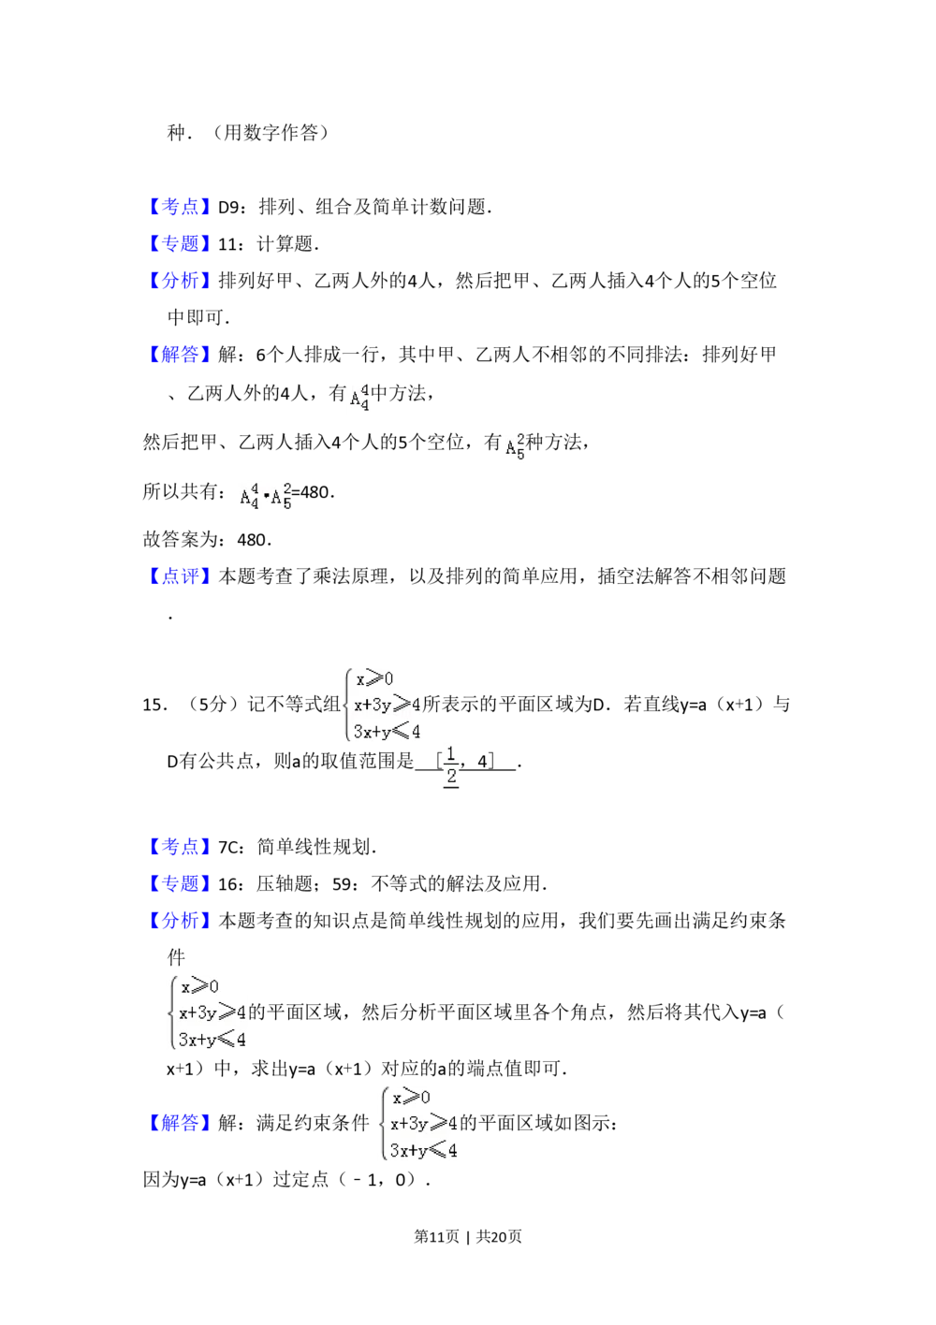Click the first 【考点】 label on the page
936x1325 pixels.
[180, 207]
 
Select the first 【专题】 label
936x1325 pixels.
[180, 243]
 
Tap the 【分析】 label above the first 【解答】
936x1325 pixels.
[180, 281]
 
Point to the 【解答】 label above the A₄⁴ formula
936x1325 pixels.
[180, 355]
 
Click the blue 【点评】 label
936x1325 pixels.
[180, 576]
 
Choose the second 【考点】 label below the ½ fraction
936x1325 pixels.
[180, 847]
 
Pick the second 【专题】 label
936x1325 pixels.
[180, 883]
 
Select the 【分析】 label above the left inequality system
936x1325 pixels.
[180, 921]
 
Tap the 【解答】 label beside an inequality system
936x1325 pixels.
[180, 1123]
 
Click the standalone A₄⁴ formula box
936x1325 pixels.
[359, 398]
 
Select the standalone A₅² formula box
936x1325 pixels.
[517, 445]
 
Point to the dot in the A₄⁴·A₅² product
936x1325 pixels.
[265, 497]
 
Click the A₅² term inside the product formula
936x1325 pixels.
[281, 497]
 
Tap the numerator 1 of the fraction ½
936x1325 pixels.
[451, 753]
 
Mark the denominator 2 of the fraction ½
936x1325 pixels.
[451, 775]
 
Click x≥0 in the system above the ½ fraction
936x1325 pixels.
[374, 679]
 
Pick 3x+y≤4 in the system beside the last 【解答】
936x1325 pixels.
[423, 1150]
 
